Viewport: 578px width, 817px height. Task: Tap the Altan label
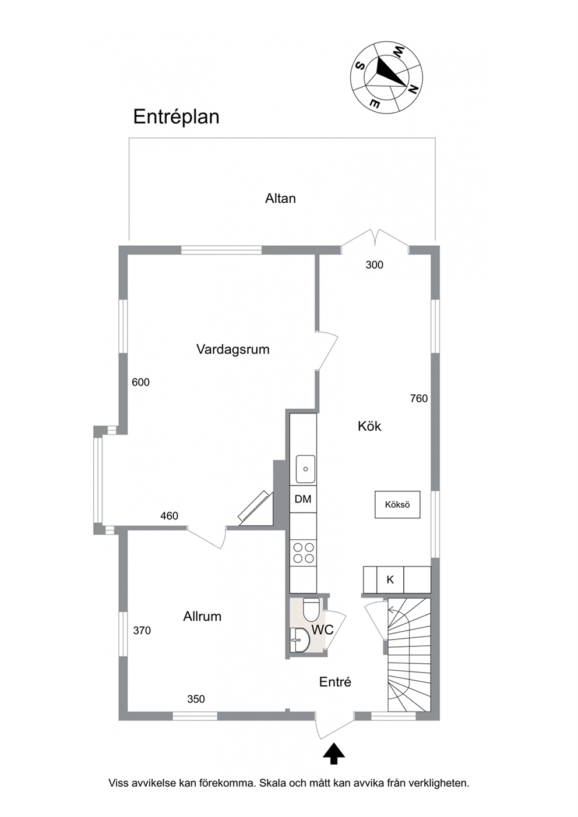(280, 199)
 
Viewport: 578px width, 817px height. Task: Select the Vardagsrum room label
(233, 349)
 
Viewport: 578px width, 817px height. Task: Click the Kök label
(369, 426)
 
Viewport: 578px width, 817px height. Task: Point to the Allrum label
(202, 617)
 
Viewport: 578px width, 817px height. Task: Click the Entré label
(335, 682)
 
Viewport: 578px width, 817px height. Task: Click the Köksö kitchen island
(397, 504)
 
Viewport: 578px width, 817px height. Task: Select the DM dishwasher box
(303, 499)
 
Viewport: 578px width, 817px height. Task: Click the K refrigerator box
(390, 579)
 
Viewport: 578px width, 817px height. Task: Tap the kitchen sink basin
(305, 469)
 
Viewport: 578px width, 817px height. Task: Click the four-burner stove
(303, 553)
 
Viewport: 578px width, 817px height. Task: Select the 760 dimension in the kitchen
(418, 399)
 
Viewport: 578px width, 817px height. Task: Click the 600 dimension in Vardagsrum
(140, 382)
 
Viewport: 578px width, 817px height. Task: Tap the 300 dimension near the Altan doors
(375, 265)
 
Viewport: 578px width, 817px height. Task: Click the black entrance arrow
(334, 754)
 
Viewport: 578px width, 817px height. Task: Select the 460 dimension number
(170, 516)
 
